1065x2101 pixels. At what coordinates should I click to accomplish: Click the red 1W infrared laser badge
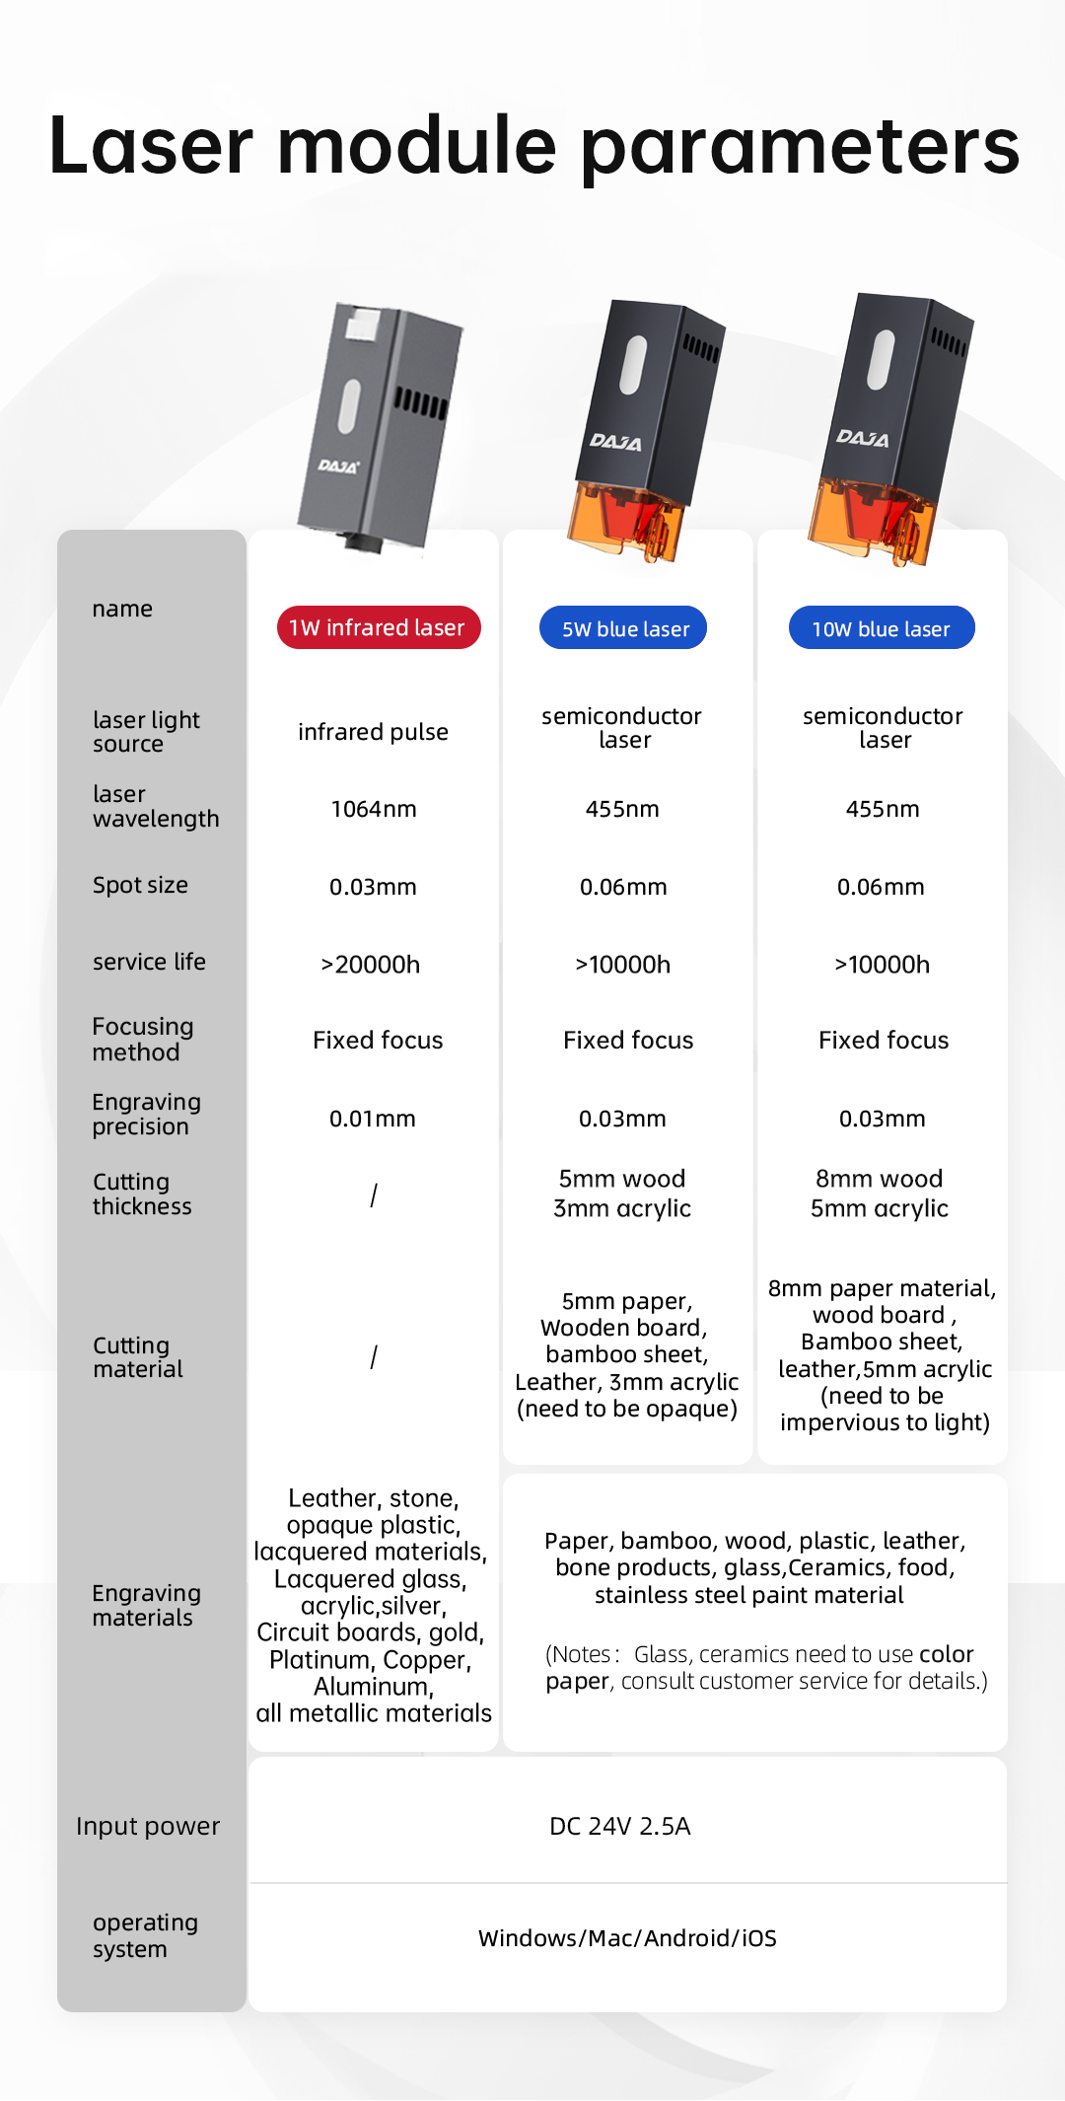pyautogui.click(x=379, y=627)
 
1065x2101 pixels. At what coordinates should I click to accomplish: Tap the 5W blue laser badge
pyautogui.click(x=623, y=628)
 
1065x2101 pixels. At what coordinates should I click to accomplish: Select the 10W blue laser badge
pyautogui.click(x=882, y=628)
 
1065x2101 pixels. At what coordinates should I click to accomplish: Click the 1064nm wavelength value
pyautogui.click(x=374, y=809)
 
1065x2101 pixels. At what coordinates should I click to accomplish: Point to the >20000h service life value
pyautogui.click(x=371, y=964)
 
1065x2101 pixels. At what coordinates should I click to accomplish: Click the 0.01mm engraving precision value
pyautogui.click(x=373, y=1119)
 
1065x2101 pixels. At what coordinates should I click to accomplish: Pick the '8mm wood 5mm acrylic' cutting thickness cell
pyautogui.click(x=880, y=1194)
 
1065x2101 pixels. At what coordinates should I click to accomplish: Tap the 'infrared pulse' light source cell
pyautogui.click(x=373, y=732)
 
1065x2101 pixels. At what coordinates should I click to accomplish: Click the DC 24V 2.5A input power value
pyautogui.click(x=620, y=1826)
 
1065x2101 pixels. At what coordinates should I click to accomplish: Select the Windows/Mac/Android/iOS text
pyautogui.click(x=627, y=1938)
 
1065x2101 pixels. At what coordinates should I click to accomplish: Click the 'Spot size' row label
pyautogui.click(x=140, y=885)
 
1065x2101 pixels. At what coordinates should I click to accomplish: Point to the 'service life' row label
pyautogui.click(x=149, y=962)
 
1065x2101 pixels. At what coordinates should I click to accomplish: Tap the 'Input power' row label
pyautogui.click(x=148, y=1826)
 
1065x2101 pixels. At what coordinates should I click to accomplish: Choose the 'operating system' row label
pyautogui.click(x=145, y=1935)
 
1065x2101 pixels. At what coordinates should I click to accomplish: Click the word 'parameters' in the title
pyautogui.click(x=800, y=146)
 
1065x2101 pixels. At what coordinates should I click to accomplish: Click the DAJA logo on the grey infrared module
pyautogui.click(x=338, y=466)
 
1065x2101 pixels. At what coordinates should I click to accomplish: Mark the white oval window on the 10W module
pyautogui.click(x=881, y=359)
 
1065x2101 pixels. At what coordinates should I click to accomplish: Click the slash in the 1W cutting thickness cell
pyautogui.click(x=374, y=1195)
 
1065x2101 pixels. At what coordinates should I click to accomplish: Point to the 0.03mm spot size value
pyautogui.click(x=373, y=887)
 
